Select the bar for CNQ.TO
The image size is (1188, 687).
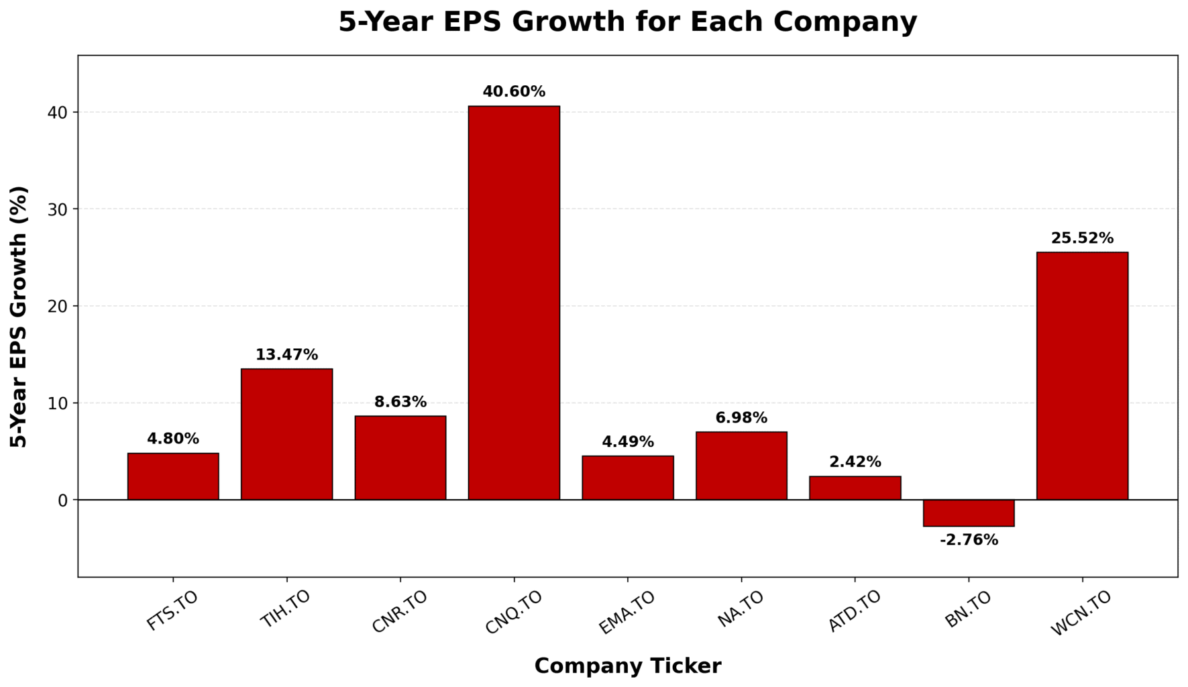pyautogui.click(x=514, y=303)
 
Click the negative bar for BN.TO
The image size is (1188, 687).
pyautogui.click(x=968, y=513)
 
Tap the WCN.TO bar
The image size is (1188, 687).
pyautogui.click(x=1082, y=376)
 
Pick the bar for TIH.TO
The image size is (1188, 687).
pyautogui.click(x=286, y=434)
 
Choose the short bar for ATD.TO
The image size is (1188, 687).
pyautogui.click(x=855, y=488)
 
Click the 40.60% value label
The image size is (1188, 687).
pyautogui.click(x=514, y=92)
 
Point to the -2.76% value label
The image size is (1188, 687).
pyautogui.click(x=969, y=540)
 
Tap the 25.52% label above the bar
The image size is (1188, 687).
pyautogui.click(x=1082, y=238)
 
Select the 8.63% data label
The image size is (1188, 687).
pyautogui.click(x=400, y=402)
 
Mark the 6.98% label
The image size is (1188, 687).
pyautogui.click(x=741, y=418)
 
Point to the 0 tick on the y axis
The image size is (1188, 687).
pyautogui.click(x=63, y=500)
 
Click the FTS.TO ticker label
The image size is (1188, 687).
pyautogui.click(x=172, y=611)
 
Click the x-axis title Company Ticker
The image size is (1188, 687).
pyautogui.click(x=628, y=666)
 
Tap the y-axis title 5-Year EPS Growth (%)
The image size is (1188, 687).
pyautogui.click(x=19, y=317)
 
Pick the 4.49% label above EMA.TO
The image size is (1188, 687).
pyautogui.click(x=628, y=442)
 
